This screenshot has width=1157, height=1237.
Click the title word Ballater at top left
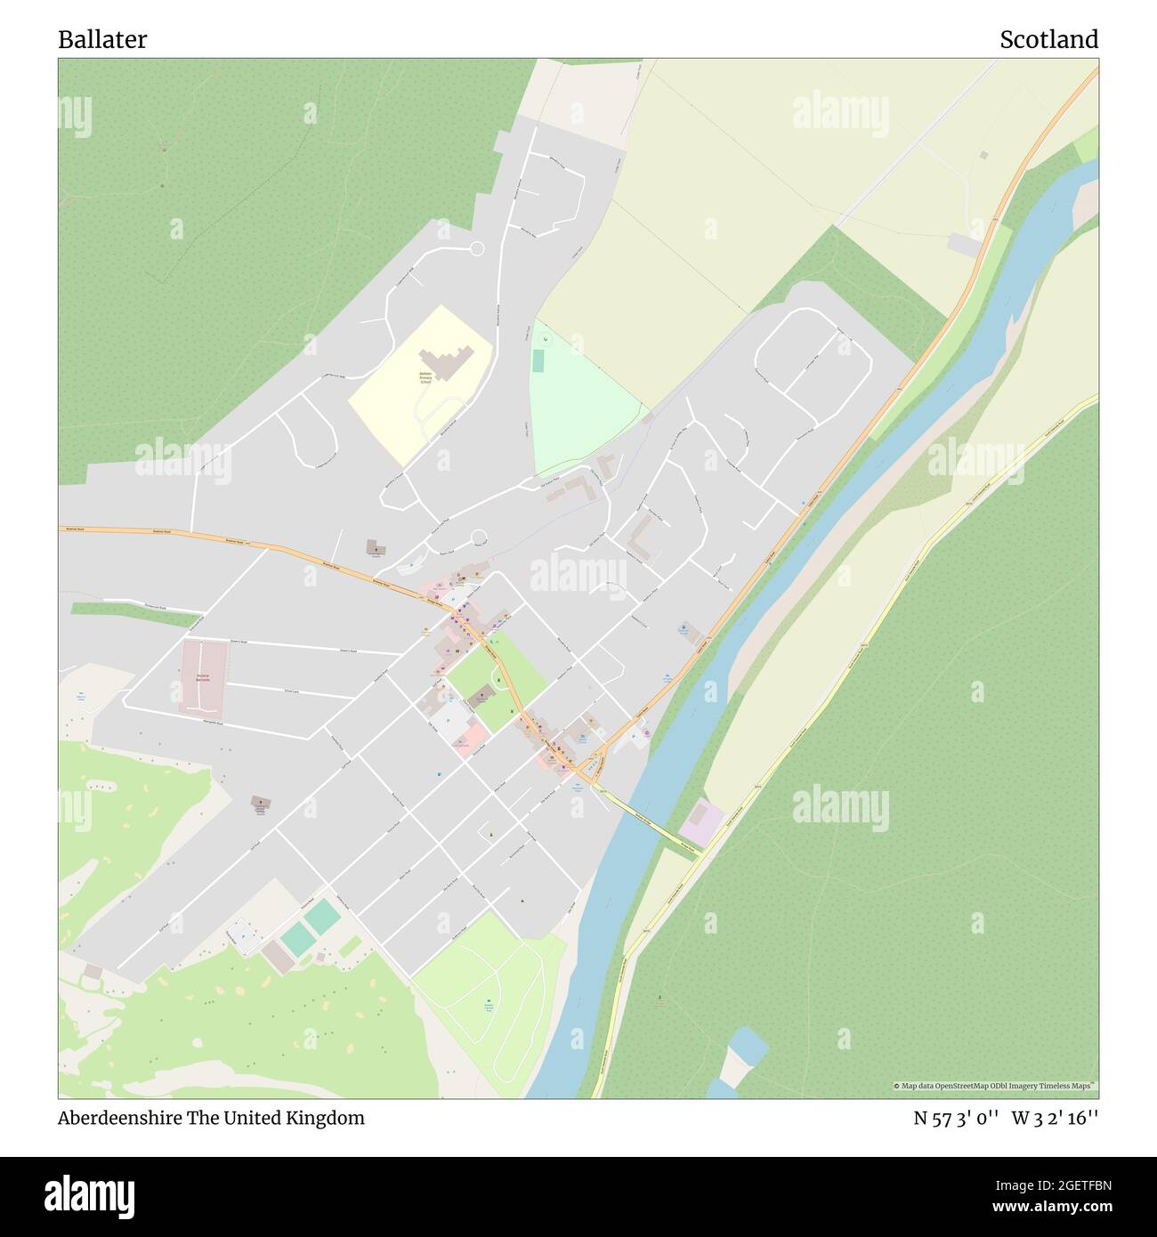102,40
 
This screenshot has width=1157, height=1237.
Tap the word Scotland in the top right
1048,40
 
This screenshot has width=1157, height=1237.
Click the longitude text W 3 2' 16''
1056,1118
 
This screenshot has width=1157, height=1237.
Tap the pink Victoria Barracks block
204,676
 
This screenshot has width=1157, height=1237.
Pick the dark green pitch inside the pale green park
538,361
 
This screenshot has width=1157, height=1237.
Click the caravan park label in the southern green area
489,1006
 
